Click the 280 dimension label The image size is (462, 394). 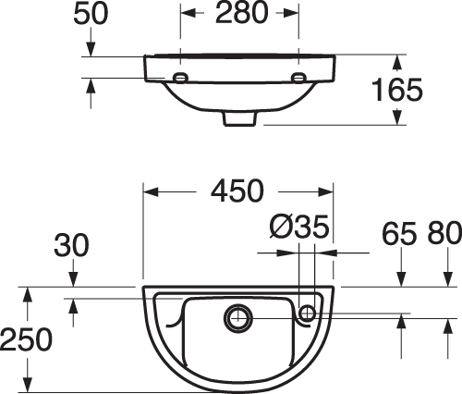click(x=242, y=13)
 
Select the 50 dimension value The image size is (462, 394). click(x=91, y=14)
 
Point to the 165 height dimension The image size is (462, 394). click(x=397, y=90)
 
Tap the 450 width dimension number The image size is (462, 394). click(x=237, y=191)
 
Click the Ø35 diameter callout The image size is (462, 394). click(x=299, y=228)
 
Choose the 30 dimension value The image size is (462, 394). click(x=71, y=246)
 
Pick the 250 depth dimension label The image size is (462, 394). click(x=26, y=339)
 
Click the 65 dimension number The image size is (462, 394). click(x=399, y=234)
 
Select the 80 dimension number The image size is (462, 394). click(x=444, y=233)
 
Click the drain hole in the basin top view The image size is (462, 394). click(x=238, y=318)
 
